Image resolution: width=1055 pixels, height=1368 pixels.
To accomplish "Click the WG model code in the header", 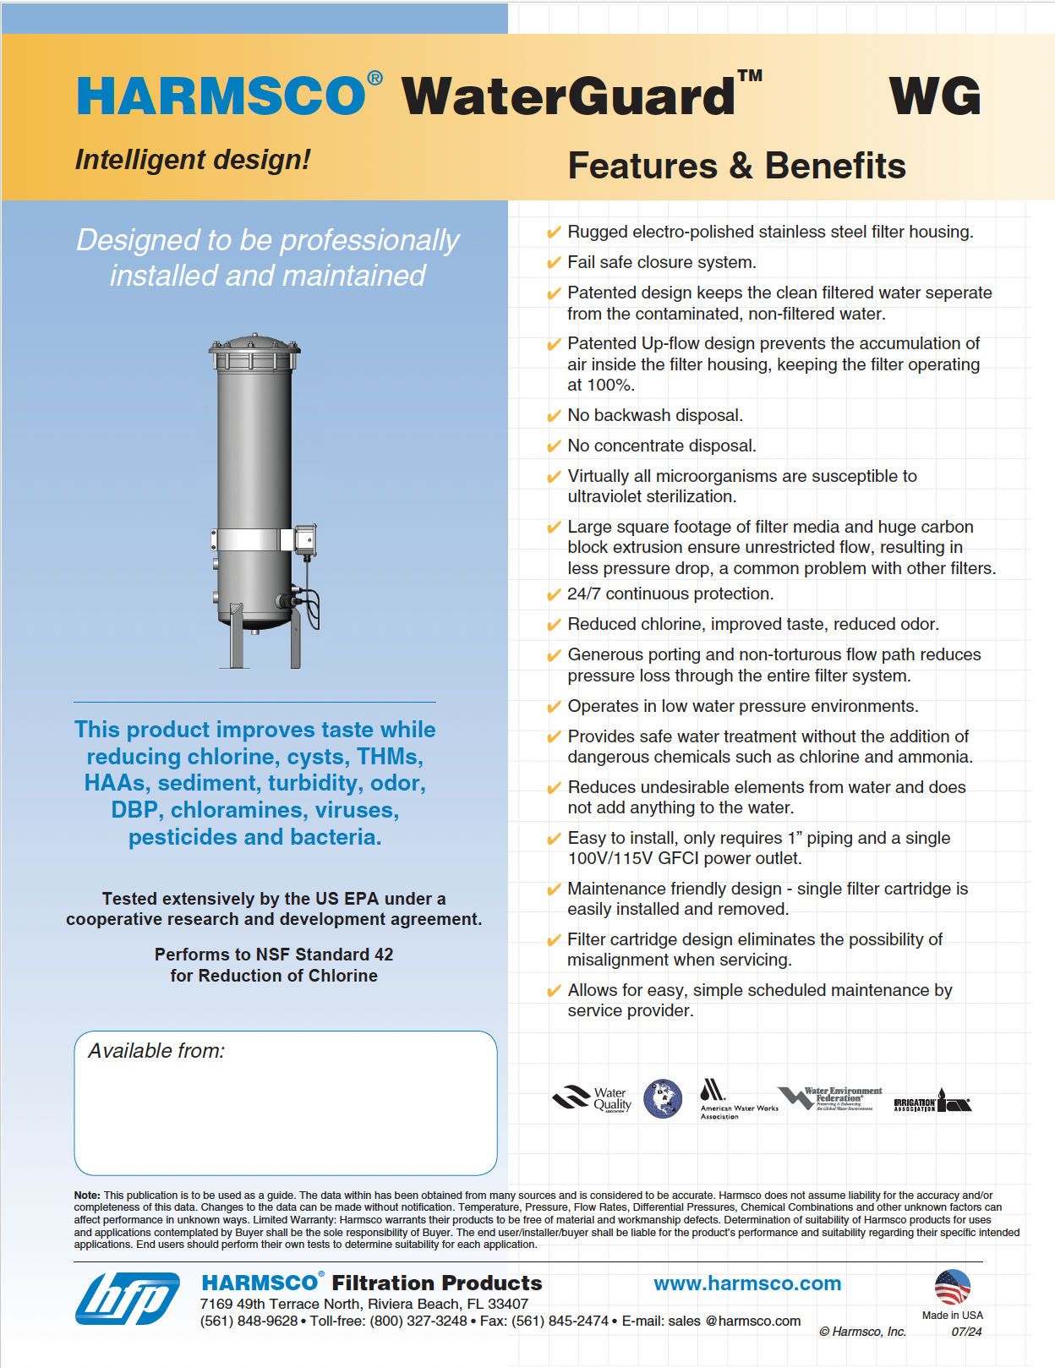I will (935, 96).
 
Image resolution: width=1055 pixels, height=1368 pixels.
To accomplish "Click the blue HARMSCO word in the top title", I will (221, 96).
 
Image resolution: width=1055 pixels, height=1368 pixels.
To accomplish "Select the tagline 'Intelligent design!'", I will (193, 159).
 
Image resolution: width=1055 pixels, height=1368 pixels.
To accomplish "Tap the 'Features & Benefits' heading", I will (736, 166).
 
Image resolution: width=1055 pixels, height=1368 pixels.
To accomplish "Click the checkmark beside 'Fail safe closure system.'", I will (554, 263).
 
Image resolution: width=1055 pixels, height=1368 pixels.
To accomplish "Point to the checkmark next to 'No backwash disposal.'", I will (554, 416).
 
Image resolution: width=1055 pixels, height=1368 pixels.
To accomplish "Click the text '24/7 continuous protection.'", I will (670, 594).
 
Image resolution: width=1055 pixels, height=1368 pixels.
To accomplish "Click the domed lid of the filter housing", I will (254, 343).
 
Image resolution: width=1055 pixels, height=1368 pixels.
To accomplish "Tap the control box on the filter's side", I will (305, 539).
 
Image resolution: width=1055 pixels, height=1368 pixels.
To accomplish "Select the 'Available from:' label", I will (156, 1051).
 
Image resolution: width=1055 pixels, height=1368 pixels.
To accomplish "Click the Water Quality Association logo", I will (592, 1098).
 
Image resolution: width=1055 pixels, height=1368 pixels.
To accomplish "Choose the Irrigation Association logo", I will (932, 1102).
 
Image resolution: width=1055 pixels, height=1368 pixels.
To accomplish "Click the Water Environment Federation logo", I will (830, 1098).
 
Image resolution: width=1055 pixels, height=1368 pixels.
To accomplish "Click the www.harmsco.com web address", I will (747, 1283).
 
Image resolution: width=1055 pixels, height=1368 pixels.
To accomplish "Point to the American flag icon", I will (952, 1288).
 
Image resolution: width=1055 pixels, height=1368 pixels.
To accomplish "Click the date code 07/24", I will (966, 1332).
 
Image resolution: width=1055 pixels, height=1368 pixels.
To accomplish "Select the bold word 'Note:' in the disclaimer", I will (87, 1196).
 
